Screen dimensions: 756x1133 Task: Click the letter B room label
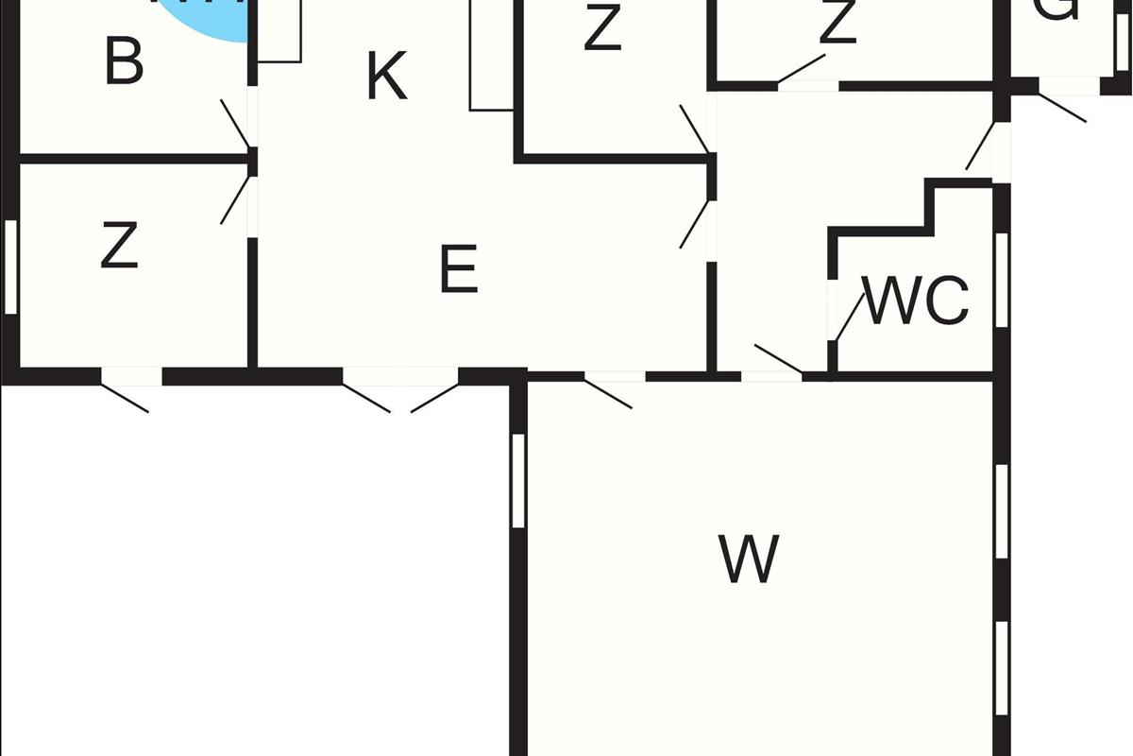click(125, 62)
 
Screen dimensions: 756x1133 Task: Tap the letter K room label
click(387, 77)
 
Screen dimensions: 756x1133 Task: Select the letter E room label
click(459, 270)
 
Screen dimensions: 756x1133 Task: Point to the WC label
click(916, 301)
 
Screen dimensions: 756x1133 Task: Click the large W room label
click(750, 558)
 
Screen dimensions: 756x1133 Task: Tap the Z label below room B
click(120, 246)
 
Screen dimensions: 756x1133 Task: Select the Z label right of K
click(602, 28)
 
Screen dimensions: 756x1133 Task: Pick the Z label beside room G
click(837, 23)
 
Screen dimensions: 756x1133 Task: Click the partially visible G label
click(1057, 9)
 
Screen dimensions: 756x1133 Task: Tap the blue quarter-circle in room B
click(208, 19)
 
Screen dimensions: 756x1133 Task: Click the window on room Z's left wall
click(11, 266)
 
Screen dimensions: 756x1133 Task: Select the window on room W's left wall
click(517, 480)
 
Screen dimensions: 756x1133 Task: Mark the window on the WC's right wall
click(1002, 279)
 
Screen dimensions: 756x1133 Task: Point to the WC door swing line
click(850, 317)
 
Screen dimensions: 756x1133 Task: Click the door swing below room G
click(1062, 106)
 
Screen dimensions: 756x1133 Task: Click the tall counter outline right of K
click(491, 57)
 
